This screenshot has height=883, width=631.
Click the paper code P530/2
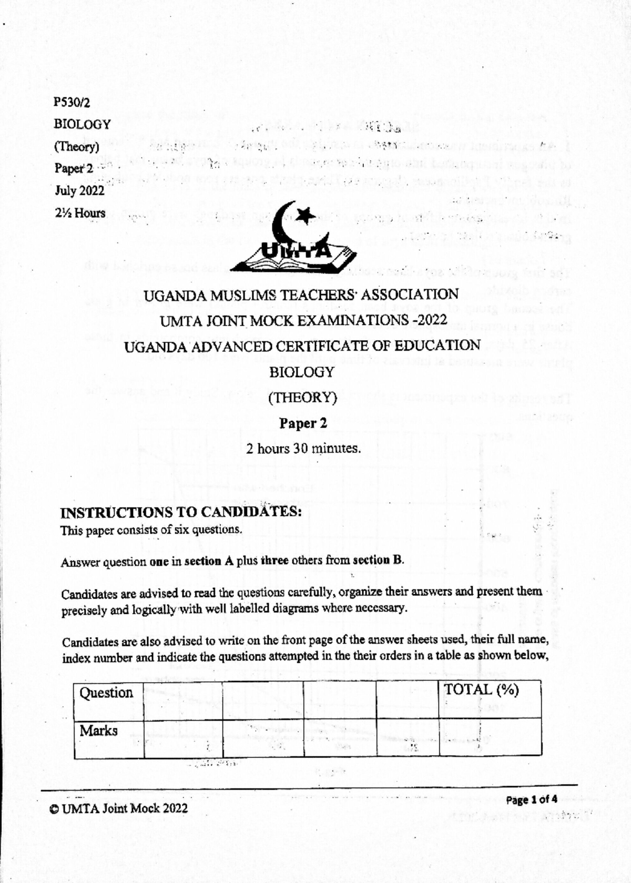coord(72,102)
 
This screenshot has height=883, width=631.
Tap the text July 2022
coord(79,191)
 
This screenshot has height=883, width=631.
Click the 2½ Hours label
coord(80,213)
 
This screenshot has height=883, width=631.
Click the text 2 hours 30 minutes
coord(303,449)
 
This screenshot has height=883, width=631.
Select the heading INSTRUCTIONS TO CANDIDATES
coord(181,512)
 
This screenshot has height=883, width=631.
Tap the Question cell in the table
coord(107,693)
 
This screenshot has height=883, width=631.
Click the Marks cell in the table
coord(99,731)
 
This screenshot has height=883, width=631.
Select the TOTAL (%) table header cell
coord(481,689)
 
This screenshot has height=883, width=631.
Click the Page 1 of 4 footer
coord(531,800)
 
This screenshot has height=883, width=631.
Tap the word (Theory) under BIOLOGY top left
coord(76,147)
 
